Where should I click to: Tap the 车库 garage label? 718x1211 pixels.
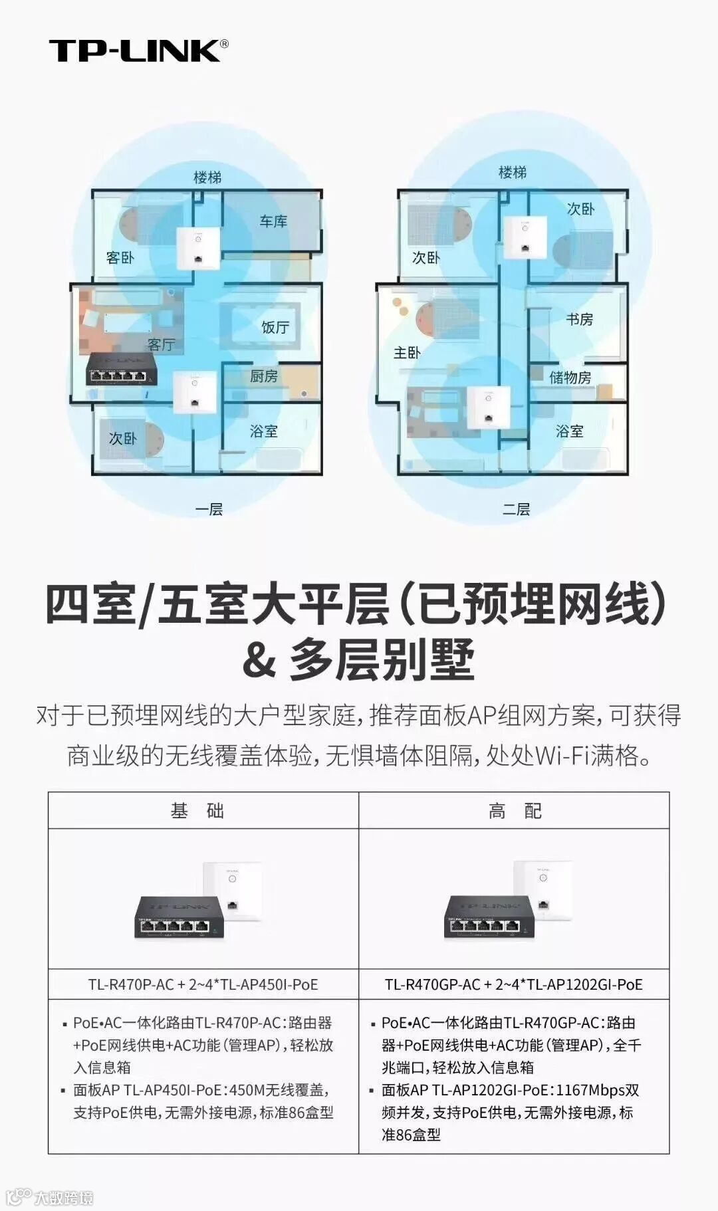tap(273, 221)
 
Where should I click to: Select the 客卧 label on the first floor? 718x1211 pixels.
tap(120, 257)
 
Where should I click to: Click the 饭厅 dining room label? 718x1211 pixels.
tap(275, 327)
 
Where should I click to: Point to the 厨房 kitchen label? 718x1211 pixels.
tap(264, 376)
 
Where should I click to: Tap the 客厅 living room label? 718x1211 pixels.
tap(161, 344)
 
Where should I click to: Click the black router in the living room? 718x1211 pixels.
tap(122, 370)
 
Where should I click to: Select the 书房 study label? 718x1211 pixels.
tap(579, 320)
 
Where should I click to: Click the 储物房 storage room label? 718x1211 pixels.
tap(570, 378)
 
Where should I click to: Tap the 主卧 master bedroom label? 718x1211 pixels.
tap(407, 352)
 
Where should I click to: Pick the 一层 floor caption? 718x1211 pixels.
tap(209, 510)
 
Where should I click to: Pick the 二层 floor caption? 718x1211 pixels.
tap(516, 510)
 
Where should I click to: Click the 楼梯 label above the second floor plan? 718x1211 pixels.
tap(513, 173)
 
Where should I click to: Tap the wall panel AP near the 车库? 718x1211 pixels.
tap(198, 249)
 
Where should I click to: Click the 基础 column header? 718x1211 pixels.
tap(197, 811)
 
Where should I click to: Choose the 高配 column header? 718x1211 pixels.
tap(515, 811)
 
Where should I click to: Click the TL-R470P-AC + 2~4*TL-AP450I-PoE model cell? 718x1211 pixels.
tap(203, 984)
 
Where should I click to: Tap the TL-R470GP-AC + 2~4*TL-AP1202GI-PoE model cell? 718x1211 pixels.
tap(514, 984)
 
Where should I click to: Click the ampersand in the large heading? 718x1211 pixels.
tap(259, 659)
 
